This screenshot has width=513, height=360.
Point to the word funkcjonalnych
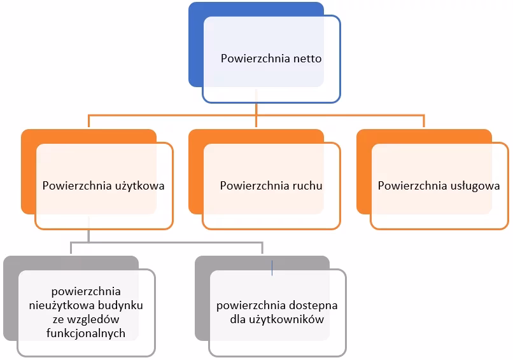85,333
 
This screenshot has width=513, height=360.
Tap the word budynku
121,305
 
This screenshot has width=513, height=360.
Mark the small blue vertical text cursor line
272,268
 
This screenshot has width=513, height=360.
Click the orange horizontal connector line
172,115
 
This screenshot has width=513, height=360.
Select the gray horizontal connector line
165,242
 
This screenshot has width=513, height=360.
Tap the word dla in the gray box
239,319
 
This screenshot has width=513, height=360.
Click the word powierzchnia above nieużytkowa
85,292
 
